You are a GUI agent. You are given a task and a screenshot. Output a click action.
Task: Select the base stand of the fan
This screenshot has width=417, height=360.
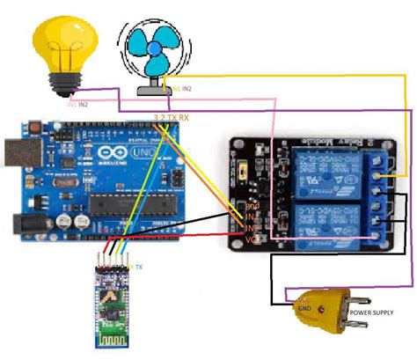click(157, 88)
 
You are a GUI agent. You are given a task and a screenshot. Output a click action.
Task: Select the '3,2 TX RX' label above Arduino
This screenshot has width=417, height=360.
click(172, 116)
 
